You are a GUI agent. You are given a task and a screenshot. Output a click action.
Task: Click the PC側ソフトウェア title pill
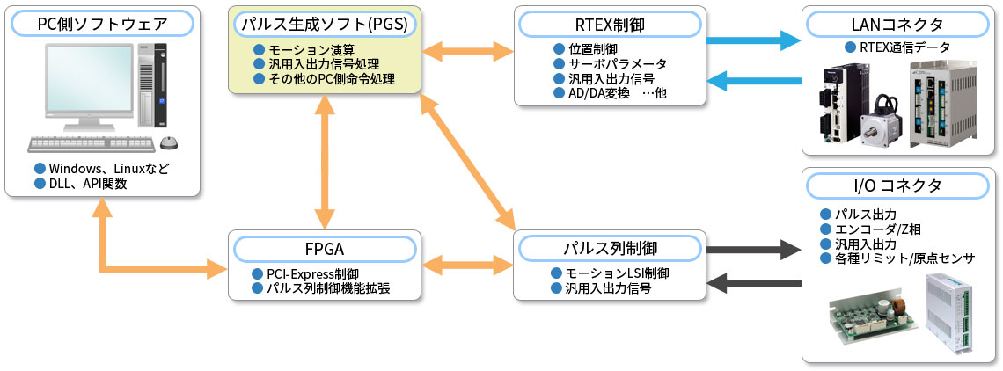(x=102, y=24)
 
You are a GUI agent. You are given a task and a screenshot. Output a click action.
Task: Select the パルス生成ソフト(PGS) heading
(x=325, y=24)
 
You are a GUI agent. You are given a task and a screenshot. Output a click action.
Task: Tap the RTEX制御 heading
(x=610, y=24)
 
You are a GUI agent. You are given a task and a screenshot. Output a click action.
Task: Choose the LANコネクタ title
(x=898, y=24)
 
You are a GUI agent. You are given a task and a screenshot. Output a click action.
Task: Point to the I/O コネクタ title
(x=898, y=185)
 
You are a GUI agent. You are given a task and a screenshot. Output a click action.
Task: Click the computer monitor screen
(x=88, y=80)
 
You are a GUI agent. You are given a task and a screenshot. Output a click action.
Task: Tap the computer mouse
(x=169, y=143)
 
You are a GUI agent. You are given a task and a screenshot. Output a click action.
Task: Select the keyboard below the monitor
(x=92, y=144)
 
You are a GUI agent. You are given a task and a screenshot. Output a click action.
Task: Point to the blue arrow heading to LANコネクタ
(x=753, y=40)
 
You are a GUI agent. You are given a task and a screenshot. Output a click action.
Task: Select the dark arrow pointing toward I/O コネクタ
(x=753, y=247)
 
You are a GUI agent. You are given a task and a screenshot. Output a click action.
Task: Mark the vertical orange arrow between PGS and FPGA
(x=325, y=162)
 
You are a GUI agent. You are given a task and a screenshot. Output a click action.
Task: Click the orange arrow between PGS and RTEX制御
(x=467, y=50)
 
